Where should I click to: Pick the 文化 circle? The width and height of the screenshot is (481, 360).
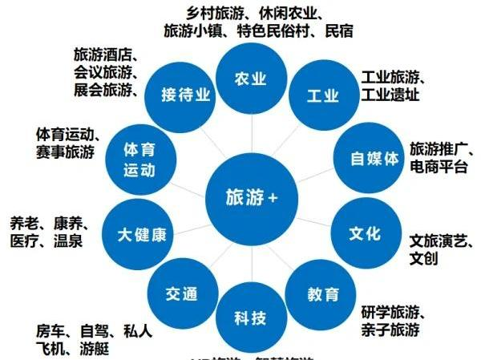[365, 234]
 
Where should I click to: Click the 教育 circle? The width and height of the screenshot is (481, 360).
[321, 294]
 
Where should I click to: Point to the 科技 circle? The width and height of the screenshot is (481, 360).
[249, 318]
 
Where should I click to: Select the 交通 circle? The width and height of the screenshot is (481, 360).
[182, 293]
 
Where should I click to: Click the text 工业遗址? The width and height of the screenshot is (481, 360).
[390, 95]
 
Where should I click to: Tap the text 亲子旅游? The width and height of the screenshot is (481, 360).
[390, 329]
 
